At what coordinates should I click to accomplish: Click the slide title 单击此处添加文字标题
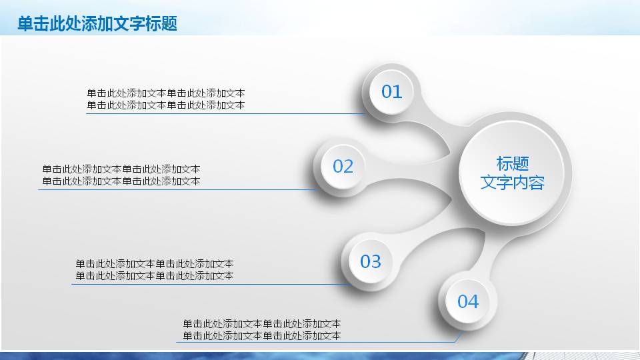tap(97, 24)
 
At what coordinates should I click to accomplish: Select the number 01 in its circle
tap(391, 92)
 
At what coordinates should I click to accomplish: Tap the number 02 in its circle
tap(343, 166)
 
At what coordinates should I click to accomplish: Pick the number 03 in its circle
tap(370, 261)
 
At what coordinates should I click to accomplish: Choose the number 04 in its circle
tap(467, 301)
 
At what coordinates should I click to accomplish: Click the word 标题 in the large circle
tap(512, 163)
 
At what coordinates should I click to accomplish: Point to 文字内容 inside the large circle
tap(512, 183)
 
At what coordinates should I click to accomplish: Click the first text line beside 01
tap(165, 93)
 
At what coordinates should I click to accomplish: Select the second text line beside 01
tap(165, 105)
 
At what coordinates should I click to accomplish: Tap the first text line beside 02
tap(121, 169)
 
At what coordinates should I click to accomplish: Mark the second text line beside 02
tap(121, 181)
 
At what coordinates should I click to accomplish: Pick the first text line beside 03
tap(154, 264)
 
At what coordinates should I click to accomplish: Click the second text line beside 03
tap(154, 276)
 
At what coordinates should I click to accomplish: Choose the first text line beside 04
tap(261, 324)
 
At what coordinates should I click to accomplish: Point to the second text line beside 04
tap(261, 336)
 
